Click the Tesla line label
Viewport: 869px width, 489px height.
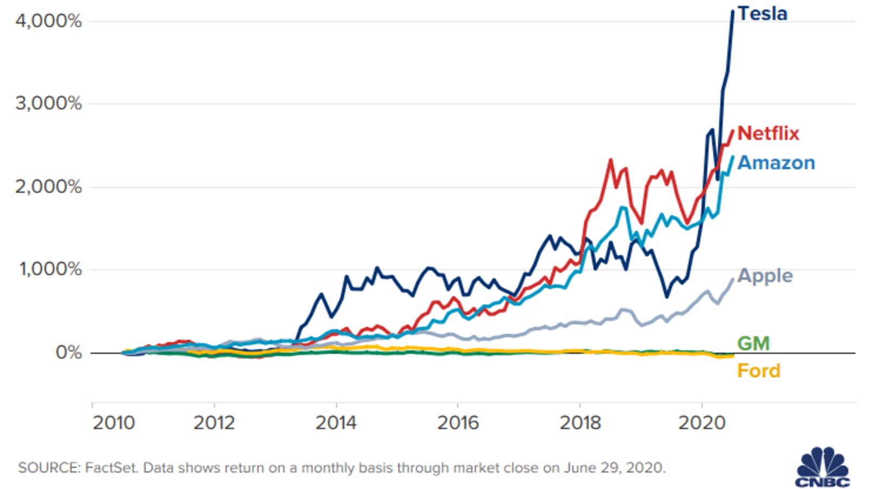763,14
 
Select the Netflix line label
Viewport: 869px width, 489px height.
769,134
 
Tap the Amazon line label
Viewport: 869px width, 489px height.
776,163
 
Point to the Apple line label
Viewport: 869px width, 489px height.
765,277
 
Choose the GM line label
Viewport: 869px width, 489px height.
753,343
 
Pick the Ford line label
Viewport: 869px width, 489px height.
759,371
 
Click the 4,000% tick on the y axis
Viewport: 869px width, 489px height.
48,21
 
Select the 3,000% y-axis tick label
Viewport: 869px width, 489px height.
48,104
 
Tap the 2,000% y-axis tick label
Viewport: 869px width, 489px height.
48,187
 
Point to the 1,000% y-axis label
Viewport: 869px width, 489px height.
51,269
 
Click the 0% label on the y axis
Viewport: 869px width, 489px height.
69,353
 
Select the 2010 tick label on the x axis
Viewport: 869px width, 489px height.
114,423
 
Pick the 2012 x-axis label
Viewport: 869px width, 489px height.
214,423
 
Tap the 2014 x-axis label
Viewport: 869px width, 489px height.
336,423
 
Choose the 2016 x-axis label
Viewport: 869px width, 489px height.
458,423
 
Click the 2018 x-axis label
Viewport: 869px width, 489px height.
581,423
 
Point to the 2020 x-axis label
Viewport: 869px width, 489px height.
702,423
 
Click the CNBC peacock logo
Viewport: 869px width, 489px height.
823,467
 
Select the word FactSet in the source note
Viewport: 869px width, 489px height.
111,468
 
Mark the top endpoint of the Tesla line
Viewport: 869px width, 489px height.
733,11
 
